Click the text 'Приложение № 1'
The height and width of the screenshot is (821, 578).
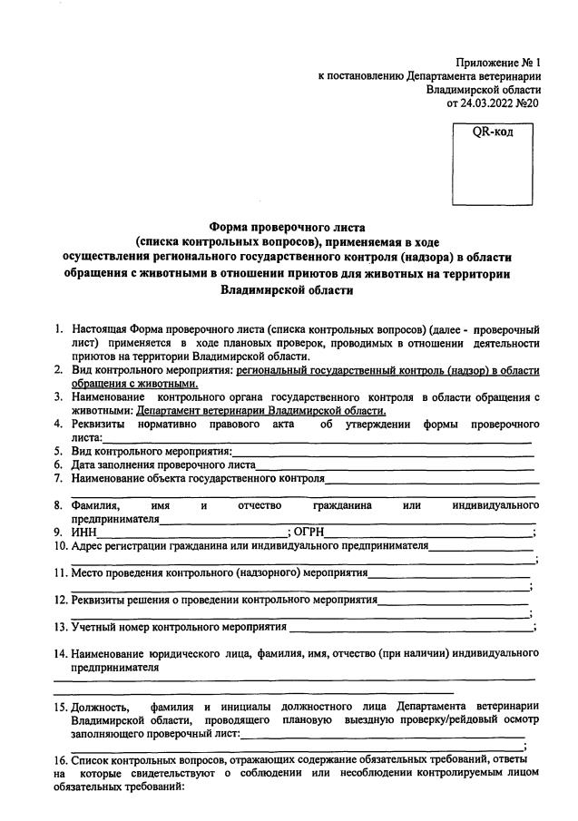tap(496, 63)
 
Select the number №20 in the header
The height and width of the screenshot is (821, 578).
tap(529, 103)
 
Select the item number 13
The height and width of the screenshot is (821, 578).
tap(59, 626)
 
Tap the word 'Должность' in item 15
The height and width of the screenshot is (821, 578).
tap(100, 707)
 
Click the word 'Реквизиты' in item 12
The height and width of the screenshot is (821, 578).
tap(98, 600)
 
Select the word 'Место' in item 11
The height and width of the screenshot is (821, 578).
tap(88, 573)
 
